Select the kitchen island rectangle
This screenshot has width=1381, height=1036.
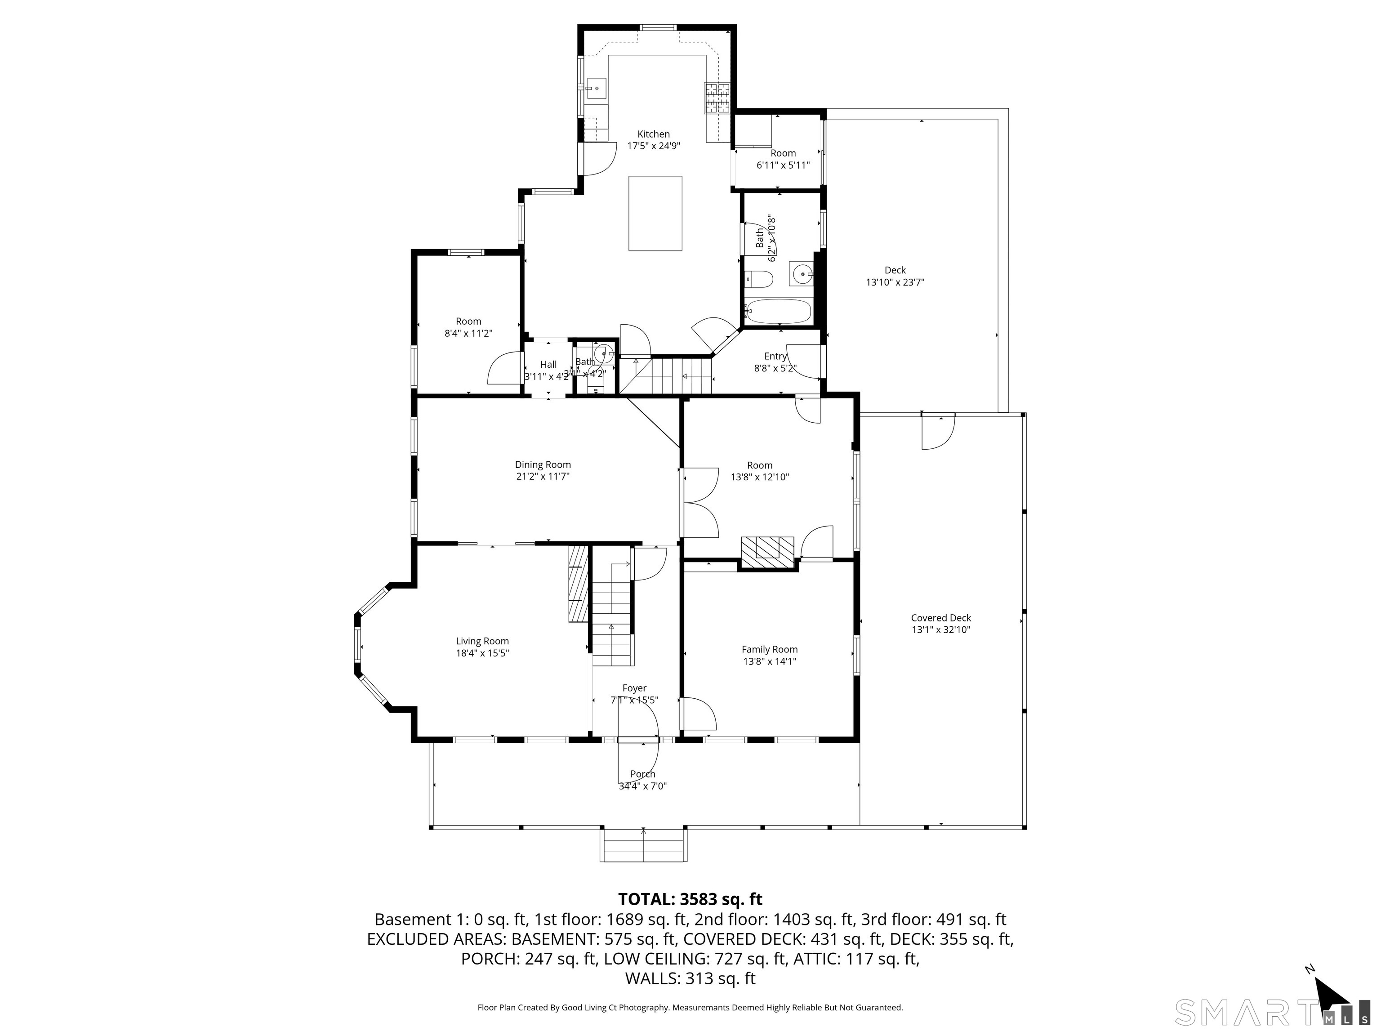point(655,213)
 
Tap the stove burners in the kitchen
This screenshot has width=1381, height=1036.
point(717,98)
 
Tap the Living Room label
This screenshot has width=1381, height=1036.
point(482,641)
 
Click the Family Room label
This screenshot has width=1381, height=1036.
point(769,649)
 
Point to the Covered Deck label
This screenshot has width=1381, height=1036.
point(940,618)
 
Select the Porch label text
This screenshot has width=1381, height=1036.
point(642,774)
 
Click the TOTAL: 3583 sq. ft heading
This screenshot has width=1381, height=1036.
point(690,899)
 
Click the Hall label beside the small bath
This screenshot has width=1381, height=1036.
point(548,365)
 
